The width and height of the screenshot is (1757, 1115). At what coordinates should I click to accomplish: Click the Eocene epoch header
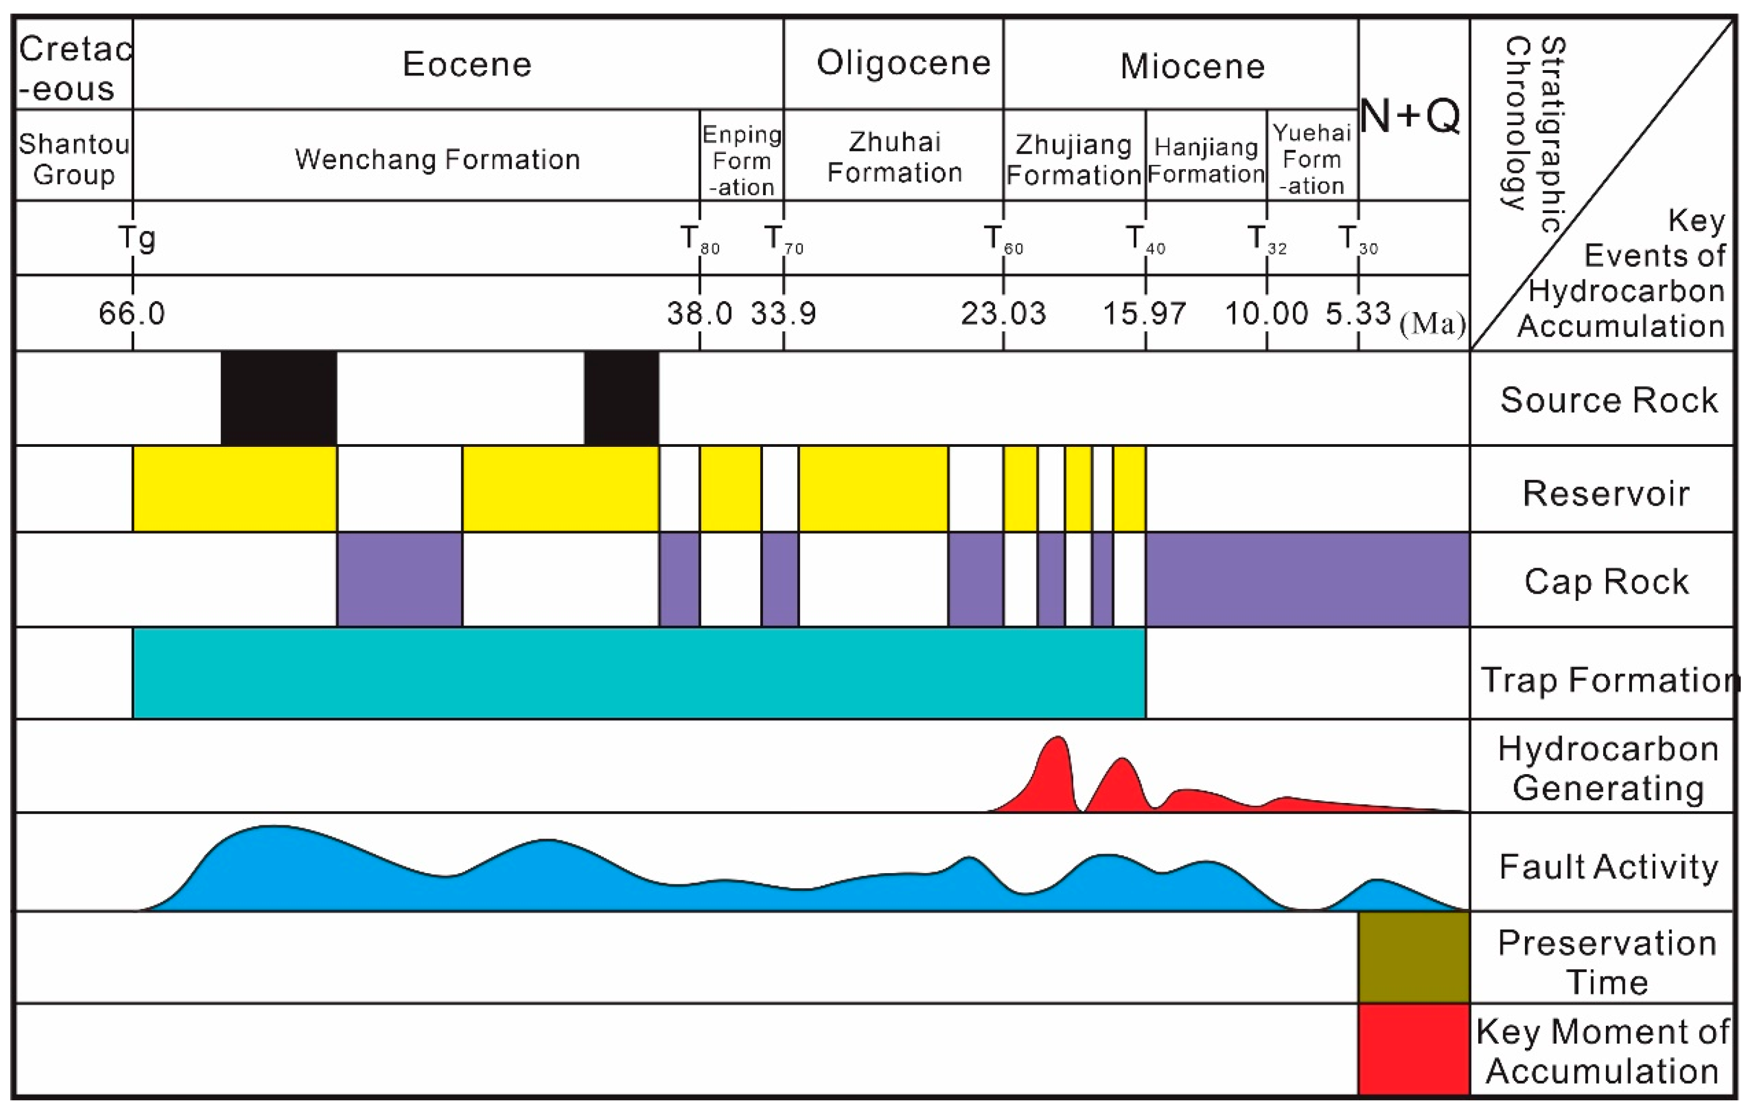(467, 64)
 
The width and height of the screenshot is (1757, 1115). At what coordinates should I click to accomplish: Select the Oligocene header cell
(903, 63)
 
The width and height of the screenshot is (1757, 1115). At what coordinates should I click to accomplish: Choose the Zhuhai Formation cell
(895, 157)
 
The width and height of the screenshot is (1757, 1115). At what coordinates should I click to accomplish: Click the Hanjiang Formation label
(1206, 160)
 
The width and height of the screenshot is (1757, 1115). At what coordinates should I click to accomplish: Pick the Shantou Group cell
(74, 159)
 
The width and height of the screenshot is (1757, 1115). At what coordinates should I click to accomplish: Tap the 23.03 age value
(1003, 314)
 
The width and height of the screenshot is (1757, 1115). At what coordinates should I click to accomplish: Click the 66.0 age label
(132, 314)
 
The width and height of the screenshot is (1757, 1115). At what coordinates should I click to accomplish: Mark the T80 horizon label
(699, 239)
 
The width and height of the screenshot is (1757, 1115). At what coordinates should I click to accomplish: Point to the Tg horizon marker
(137, 238)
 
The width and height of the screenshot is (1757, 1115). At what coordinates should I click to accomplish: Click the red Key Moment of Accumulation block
(1414, 1049)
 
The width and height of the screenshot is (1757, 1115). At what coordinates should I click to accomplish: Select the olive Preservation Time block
(1414, 957)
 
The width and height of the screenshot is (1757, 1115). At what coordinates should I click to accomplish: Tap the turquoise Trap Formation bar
(639, 672)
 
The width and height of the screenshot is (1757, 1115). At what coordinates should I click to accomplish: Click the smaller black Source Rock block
(621, 398)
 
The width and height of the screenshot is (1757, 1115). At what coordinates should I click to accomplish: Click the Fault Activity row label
(1608, 867)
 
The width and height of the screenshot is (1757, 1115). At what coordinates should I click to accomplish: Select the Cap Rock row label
(1606, 582)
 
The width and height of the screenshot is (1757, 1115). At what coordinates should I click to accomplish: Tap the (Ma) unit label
(1431, 324)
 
